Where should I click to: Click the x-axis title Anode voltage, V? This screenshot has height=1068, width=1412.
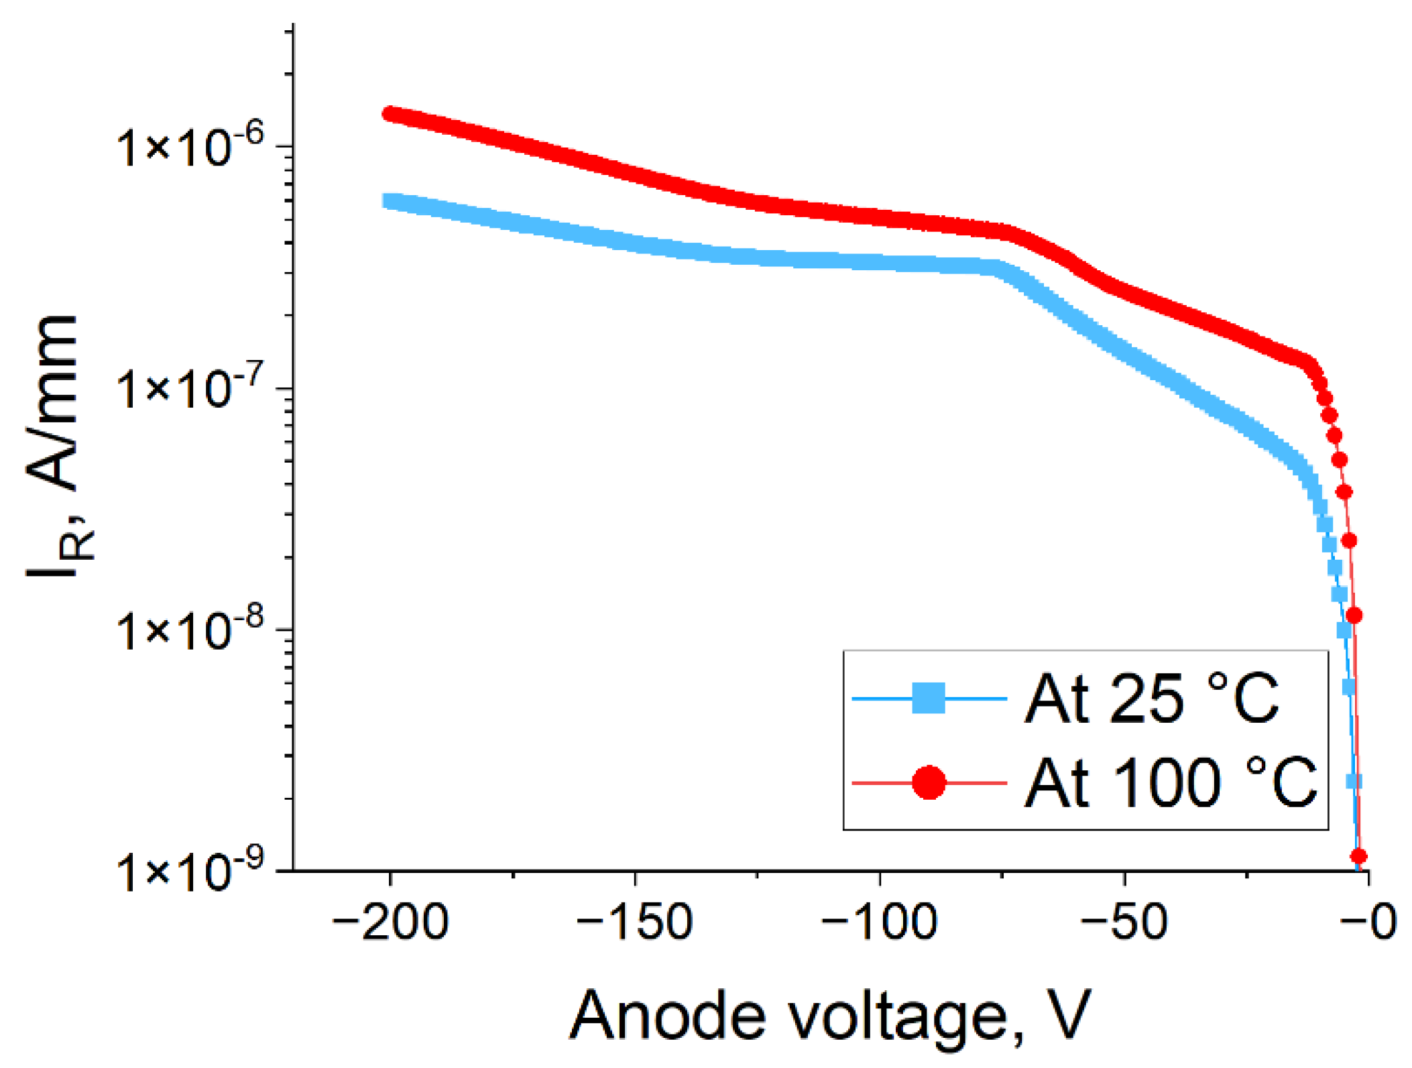point(830,1016)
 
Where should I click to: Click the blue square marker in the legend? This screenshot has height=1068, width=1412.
point(929,698)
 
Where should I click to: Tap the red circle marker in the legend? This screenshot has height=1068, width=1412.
point(929,782)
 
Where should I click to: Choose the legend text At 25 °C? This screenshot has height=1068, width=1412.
point(1151,699)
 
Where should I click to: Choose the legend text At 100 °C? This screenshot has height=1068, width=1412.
point(1170,782)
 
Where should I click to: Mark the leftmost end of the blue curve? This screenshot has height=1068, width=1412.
point(389,200)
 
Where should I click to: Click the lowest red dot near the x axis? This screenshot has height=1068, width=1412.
point(1358,856)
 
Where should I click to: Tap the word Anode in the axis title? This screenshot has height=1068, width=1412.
point(667,1015)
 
